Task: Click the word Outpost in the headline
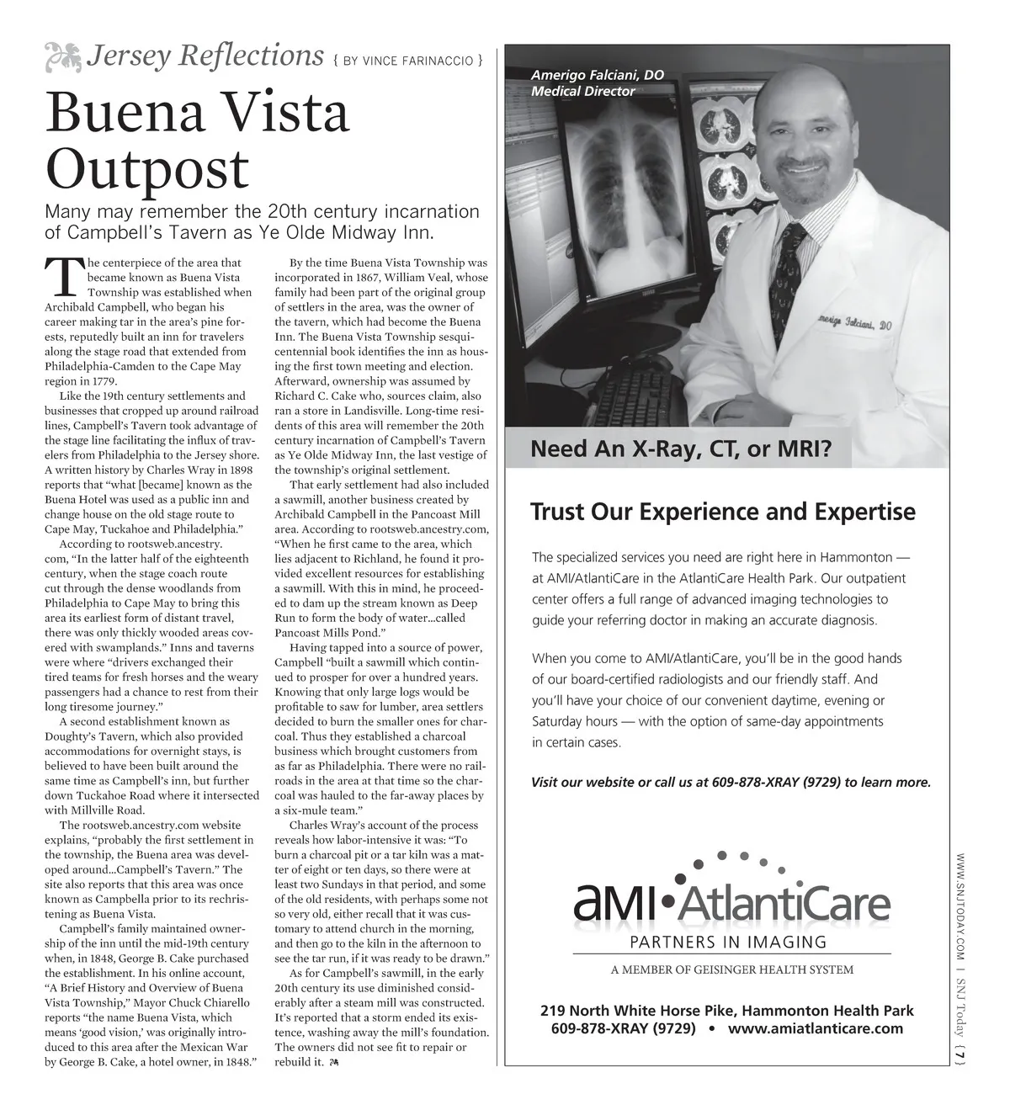coord(146,168)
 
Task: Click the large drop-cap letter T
coord(62,277)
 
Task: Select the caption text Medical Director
coord(582,91)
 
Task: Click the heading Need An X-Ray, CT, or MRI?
coord(680,449)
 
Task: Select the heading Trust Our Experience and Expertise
coord(723,512)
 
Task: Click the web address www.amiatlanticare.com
coord(815,1028)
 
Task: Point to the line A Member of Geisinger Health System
coord(731,969)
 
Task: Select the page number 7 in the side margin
coord(960,1051)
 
